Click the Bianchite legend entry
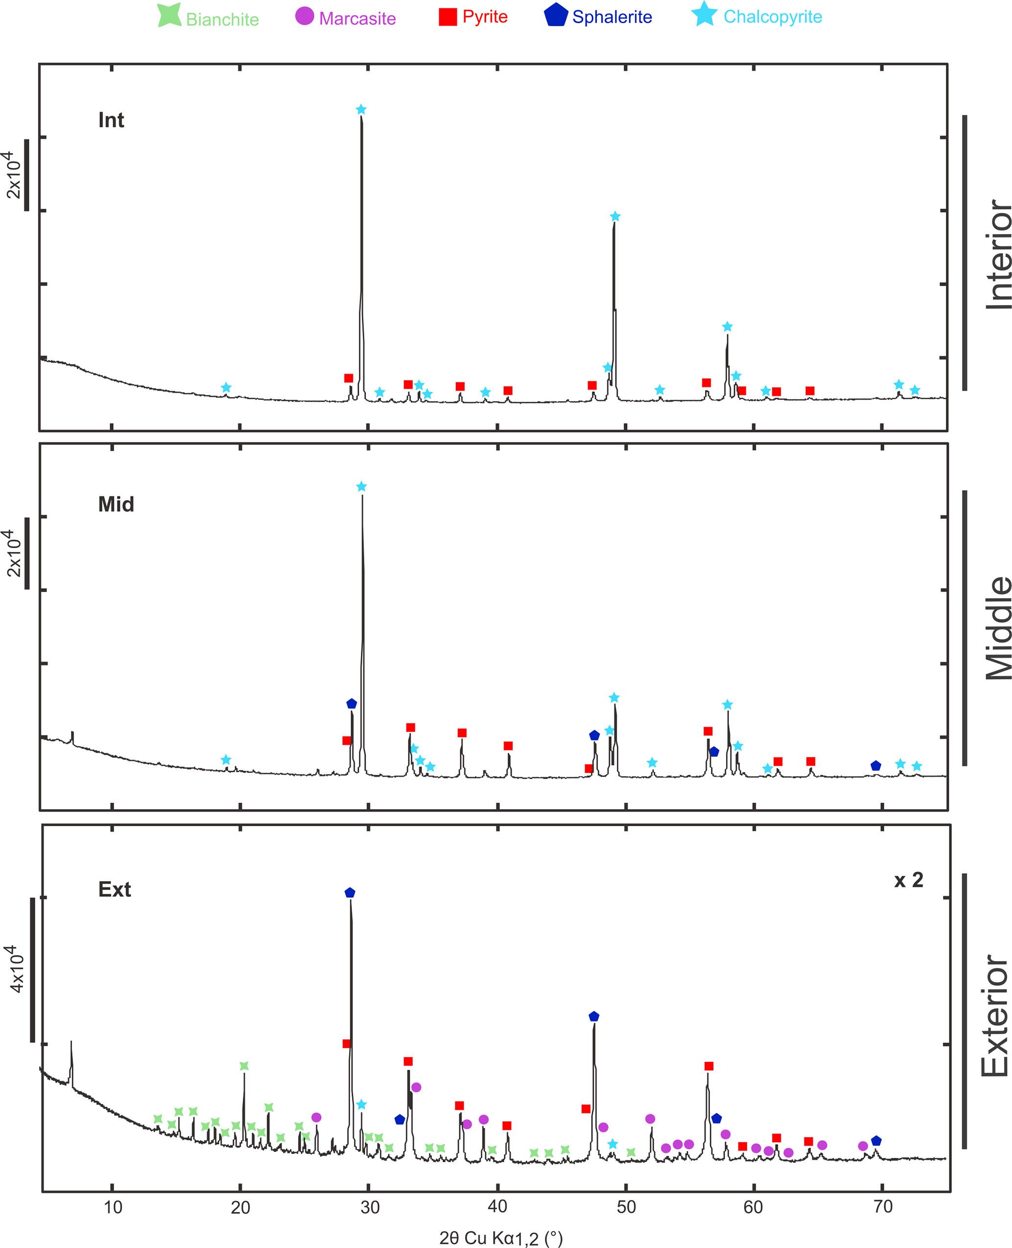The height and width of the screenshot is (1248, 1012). click(x=209, y=18)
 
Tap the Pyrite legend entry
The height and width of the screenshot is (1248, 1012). click(x=473, y=16)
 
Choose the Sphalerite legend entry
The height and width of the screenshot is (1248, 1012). click(x=598, y=16)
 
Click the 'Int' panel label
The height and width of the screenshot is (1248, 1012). click(x=111, y=120)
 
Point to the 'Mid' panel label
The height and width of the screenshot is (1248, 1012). click(x=116, y=504)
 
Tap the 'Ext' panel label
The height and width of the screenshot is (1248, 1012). click(x=114, y=889)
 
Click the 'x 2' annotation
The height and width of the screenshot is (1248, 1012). click(x=908, y=880)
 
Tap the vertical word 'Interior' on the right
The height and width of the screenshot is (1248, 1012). click(x=997, y=254)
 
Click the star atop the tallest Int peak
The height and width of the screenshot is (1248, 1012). click(x=361, y=110)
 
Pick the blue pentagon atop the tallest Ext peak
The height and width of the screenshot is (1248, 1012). click(x=350, y=892)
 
